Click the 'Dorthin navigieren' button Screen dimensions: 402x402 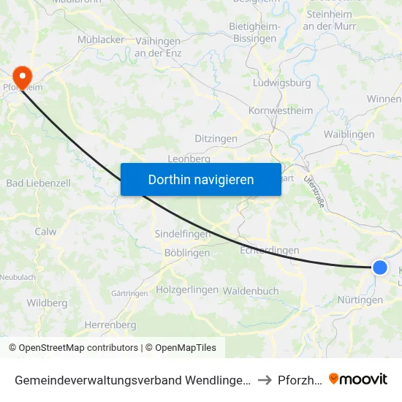click(x=201, y=179)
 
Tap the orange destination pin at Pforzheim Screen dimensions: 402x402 click(x=23, y=77)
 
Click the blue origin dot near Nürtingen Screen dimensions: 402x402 click(x=380, y=268)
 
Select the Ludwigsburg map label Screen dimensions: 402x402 click(x=281, y=83)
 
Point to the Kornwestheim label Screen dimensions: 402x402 click(x=281, y=111)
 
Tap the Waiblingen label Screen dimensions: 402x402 click(x=349, y=134)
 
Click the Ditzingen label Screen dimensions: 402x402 click(x=216, y=138)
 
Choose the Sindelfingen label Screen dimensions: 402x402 click(x=182, y=234)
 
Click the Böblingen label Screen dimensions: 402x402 click(x=187, y=253)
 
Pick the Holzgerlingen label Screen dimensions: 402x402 click(x=187, y=289)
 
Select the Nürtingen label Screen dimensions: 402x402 click(x=360, y=300)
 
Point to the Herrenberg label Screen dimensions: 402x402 click(x=110, y=325)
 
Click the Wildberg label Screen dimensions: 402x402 click(x=47, y=303)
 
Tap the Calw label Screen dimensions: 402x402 click(x=45, y=232)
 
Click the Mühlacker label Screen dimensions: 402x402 click(x=101, y=39)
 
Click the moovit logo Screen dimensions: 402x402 click(x=358, y=379)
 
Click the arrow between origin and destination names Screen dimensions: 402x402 click(x=265, y=380)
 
